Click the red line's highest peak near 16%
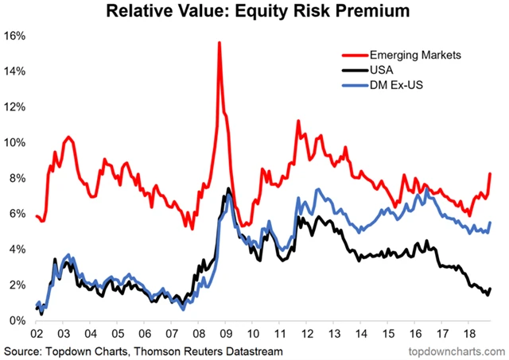click(219, 42)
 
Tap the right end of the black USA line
click(491, 288)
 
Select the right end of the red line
click(491, 173)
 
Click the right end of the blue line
click(491, 223)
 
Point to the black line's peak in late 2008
click(229, 189)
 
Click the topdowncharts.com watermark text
click(457, 350)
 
